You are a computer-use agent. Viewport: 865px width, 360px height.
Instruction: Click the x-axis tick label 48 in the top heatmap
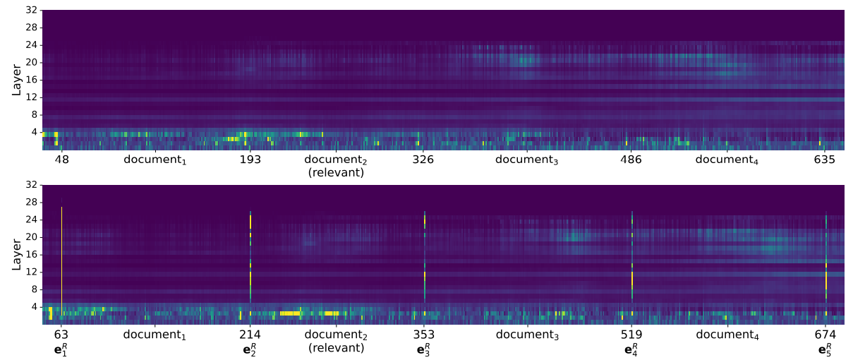[x=62, y=160]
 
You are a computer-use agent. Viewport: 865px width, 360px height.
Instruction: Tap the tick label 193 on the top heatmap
[x=250, y=160]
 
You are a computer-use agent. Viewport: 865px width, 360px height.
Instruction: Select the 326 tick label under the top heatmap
[x=423, y=160]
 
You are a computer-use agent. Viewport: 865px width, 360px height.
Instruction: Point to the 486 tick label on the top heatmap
[x=631, y=160]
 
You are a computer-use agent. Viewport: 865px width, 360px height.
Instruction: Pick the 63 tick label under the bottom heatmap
[x=61, y=335]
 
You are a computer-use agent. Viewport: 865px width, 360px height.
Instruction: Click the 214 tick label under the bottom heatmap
[x=250, y=335]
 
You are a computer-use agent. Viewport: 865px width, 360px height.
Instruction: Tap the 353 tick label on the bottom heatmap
[x=424, y=335]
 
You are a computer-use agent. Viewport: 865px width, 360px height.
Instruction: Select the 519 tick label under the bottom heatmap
[x=631, y=335]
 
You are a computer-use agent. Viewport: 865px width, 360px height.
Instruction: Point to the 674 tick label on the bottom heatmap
[x=825, y=335]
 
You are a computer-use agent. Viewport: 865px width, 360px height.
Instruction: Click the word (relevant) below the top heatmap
[x=337, y=172]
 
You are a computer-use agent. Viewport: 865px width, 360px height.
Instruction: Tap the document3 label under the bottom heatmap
[x=527, y=335]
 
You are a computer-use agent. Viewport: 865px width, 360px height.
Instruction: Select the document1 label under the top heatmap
[x=155, y=160]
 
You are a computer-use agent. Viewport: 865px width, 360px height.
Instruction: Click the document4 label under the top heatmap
[x=727, y=160]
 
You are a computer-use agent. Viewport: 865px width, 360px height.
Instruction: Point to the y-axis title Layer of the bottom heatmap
[x=16, y=254]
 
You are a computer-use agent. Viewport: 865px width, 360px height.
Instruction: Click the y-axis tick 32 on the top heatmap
[x=31, y=11]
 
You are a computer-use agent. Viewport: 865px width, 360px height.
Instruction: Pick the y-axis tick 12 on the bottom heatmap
[x=31, y=272]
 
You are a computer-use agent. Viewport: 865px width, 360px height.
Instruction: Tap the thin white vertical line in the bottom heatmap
[x=62, y=254]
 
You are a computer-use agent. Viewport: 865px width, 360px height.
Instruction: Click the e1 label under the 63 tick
[x=61, y=349]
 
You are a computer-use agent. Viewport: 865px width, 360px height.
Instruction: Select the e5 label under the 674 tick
[x=825, y=349]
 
